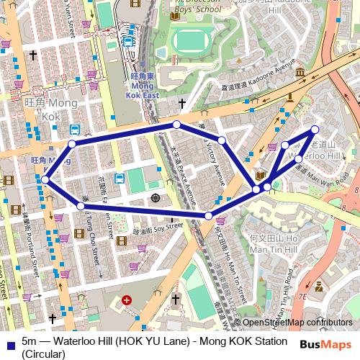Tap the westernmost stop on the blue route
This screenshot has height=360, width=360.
[x=45, y=180]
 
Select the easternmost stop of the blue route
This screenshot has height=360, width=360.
[x=315, y=130]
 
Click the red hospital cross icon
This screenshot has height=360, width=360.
[x=127, y=300]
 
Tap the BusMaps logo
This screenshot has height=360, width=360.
[x=325, y=345]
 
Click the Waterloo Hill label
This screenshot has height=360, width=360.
[x=311, y=156]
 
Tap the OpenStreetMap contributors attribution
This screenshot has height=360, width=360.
[x=297, y=323]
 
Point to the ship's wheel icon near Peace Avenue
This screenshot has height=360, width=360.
[x=154, y=197]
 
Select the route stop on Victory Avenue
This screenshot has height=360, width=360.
[x=222, y=140]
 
